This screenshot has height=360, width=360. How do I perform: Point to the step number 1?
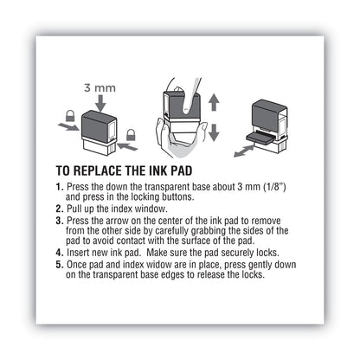pos(60,188)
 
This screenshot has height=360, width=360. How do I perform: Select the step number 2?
pos(60,209)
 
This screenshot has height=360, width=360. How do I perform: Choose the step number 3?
pos(60,222)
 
